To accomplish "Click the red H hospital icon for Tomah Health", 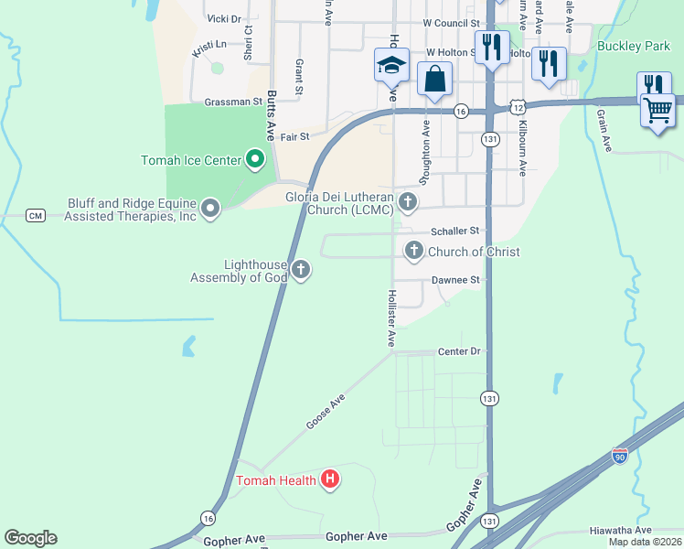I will (x=330, y=479).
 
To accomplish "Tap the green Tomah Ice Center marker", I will (x=256, y=161).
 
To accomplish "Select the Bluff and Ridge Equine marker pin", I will (x=210, y=210).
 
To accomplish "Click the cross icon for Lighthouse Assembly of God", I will (x=301, y=269).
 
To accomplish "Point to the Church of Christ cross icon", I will (x=414, y=250).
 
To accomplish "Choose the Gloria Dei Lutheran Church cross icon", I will (x=409, y=201).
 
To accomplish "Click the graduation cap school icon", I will (x=391, y=66).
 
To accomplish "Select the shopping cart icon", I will (x=658, y=110).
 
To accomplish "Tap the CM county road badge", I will (x=36, y=215).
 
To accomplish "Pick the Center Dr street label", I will (x=459, y=351).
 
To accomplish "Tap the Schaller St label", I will (x=454, y=232).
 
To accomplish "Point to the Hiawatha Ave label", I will (x=621, y=530).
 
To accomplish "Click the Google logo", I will (x=30, y=538).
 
